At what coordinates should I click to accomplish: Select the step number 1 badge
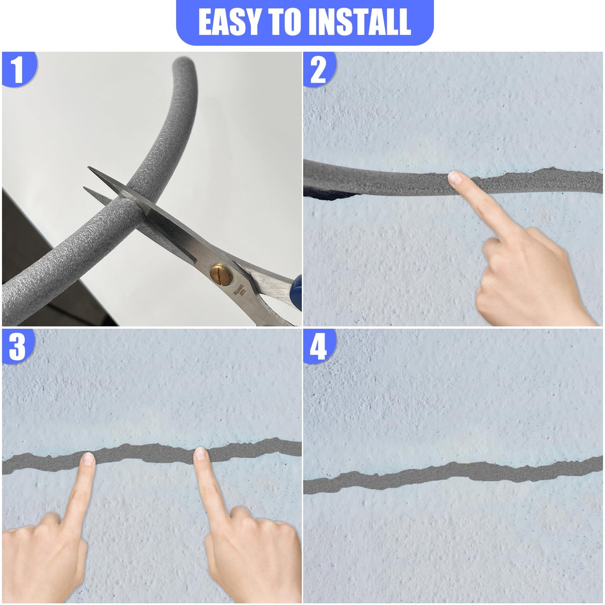point(18,69)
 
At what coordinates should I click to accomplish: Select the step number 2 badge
point(318,69)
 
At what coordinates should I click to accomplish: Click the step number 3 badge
point(18,347)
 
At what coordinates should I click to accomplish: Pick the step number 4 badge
point(318,347)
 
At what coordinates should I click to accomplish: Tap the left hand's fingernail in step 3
point(88,459)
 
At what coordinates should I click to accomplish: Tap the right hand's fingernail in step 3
point(201,454)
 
